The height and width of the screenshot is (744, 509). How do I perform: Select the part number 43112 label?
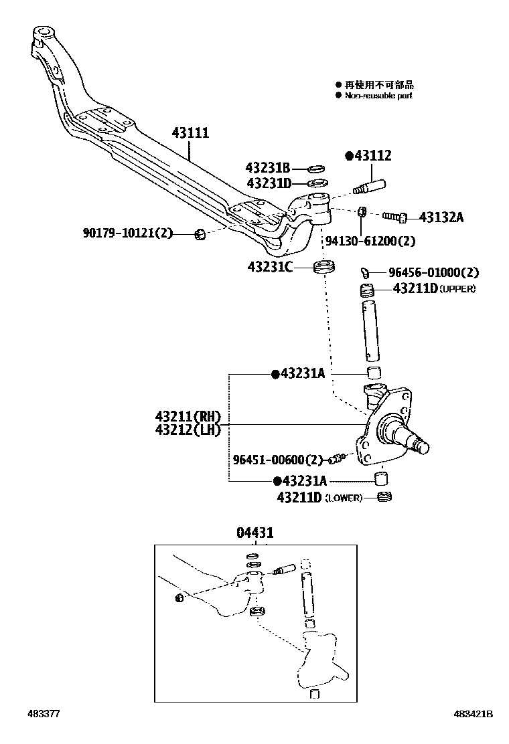pos(372,156)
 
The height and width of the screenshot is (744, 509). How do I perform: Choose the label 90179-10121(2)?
pos(128,234)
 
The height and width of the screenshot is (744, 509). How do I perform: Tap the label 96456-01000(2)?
pos(434,273)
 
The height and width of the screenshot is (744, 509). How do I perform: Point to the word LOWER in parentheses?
pos(344,498)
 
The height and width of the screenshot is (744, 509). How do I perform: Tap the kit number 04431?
pos(255,533)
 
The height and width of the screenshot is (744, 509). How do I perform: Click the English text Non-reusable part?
pos(378,96)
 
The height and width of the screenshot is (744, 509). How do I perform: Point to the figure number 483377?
pos(44,715)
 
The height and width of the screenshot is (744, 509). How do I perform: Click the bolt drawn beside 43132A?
pos(395,217)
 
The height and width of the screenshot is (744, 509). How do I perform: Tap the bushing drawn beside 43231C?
pos(324,269)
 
